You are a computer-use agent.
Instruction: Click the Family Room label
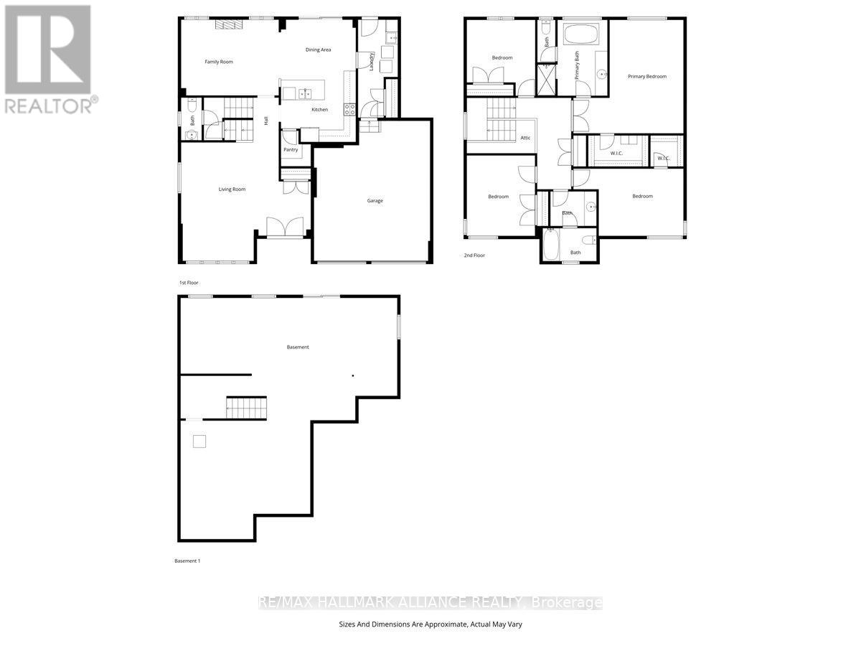pyautogui.click(x=219, y=62)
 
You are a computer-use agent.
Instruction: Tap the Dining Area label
pyautogui.click(x=318, y=50)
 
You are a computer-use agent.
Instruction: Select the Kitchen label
pyautogui.click(x=319, y=110)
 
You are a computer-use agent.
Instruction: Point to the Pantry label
pyautogui.click(x=291, y=150)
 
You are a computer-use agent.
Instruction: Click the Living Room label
pyautogui.click(x=232, y=189)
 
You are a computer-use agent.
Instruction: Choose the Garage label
pyautogui.click(x=375, y=201)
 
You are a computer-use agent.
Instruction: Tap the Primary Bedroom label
pyautogui.click(x=647, y=76)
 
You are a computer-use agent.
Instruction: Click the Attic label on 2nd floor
pyautogui.click(x=526, y=138)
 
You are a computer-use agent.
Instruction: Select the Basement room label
pyautogui.click(x=298, y=347)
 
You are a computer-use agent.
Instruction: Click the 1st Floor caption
pyautogui.click(x=189, y=283)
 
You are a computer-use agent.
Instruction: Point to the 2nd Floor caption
pyautogui.click(x=474, y=255)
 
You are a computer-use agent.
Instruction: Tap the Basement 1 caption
pyautogui.click(x=187, y=561)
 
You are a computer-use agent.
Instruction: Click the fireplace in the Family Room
pyautogui.click(x=230, y=24)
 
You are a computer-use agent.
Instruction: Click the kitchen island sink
pyautogui.click(x=306, y=93)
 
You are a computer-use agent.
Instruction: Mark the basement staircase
pyautogui.click(x=246, y=408)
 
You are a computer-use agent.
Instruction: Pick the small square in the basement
pyautogui.click(x=199, y=441)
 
